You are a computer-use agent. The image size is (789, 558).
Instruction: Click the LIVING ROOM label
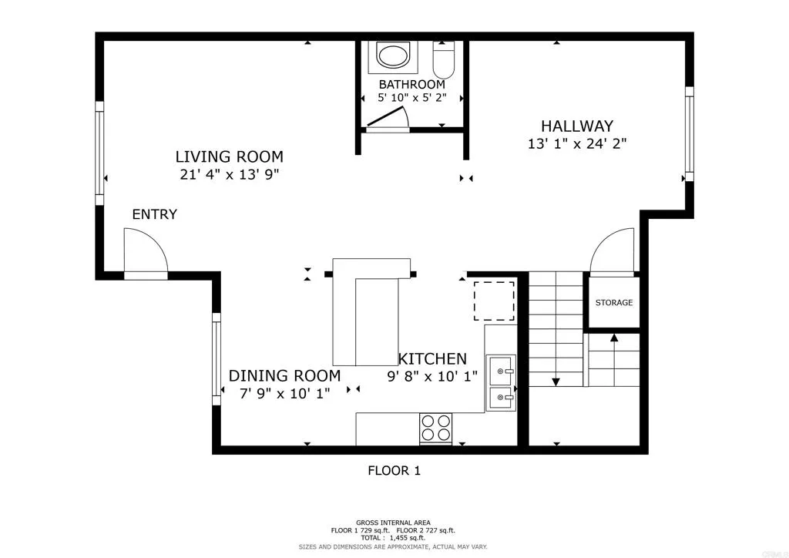229,156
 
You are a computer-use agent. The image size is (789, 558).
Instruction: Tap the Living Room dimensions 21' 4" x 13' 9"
229,174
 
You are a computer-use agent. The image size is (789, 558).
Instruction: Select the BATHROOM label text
411,84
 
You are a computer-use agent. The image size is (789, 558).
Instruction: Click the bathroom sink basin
394,56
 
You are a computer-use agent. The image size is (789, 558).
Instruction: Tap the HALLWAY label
576,126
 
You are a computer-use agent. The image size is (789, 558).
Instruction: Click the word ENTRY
154,214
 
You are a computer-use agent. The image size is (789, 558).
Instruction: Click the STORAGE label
613,303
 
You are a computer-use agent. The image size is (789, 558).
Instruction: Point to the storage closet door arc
612,250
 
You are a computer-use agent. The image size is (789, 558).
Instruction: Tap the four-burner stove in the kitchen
435,428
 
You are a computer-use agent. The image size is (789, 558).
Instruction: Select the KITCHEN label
432,358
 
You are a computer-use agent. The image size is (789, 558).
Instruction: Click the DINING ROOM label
284,376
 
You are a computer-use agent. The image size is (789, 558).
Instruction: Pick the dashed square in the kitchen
494,301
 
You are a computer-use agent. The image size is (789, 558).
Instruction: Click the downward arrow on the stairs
555,381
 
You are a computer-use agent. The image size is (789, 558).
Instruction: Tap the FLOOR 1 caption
394,470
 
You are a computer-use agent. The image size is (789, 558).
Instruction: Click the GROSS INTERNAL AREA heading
393,522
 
